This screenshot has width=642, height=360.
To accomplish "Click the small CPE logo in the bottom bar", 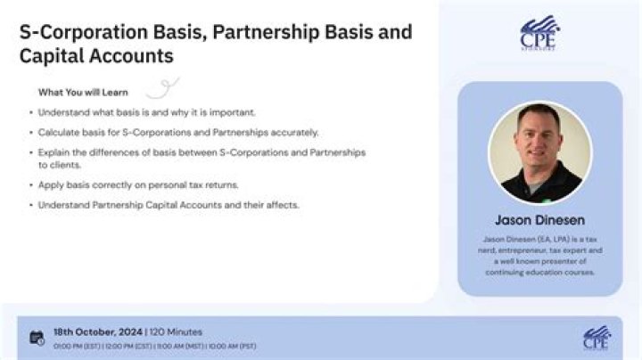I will coord(597,338).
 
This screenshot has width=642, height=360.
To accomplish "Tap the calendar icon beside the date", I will coord(37,337).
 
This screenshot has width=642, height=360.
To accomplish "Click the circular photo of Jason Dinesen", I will coord(539,151).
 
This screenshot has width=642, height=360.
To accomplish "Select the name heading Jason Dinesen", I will coord(539,219).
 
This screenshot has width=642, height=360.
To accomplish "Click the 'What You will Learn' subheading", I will coord(83,92).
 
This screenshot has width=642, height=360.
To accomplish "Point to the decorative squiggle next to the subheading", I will coord(162,86).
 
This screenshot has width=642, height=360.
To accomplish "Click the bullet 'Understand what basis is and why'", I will coord(146,112).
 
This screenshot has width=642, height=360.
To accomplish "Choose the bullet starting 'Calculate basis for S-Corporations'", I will coord(178,133).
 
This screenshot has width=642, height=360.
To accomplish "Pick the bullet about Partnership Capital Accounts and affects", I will coord(169,205).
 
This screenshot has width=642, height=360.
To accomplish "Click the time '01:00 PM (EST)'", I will coord(77,345).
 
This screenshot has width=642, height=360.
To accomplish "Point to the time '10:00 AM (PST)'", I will coord(232,345).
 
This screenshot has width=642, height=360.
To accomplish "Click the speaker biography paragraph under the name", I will coord(539,256).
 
